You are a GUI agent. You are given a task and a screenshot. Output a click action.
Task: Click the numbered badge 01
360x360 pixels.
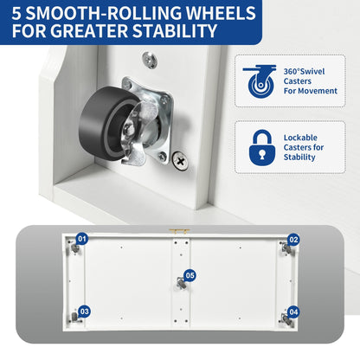82,239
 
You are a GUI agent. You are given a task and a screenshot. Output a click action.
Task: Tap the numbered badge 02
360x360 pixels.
293,240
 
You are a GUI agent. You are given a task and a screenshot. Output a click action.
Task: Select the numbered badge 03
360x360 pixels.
85,312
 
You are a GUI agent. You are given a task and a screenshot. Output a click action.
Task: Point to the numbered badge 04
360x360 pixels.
293,312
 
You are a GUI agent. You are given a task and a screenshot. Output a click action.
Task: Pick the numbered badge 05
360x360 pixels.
190,276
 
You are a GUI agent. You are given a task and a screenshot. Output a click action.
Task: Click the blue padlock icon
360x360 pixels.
262,147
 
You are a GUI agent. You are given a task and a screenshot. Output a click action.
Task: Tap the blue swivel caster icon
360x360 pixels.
260,81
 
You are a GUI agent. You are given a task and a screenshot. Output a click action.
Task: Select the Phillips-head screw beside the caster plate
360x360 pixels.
180,160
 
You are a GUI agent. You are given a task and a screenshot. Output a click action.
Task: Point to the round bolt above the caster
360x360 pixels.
150,60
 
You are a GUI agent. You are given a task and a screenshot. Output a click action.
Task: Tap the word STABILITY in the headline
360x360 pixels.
175,31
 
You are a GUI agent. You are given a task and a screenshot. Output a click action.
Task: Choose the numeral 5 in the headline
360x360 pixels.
16,13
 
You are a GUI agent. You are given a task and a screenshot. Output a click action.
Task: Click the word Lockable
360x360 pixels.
300,138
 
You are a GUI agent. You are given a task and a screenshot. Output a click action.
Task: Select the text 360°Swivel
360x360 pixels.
304,71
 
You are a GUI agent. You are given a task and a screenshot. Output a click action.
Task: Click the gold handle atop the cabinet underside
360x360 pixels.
179,230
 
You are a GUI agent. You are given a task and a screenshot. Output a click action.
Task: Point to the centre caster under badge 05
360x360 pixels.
181,284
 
